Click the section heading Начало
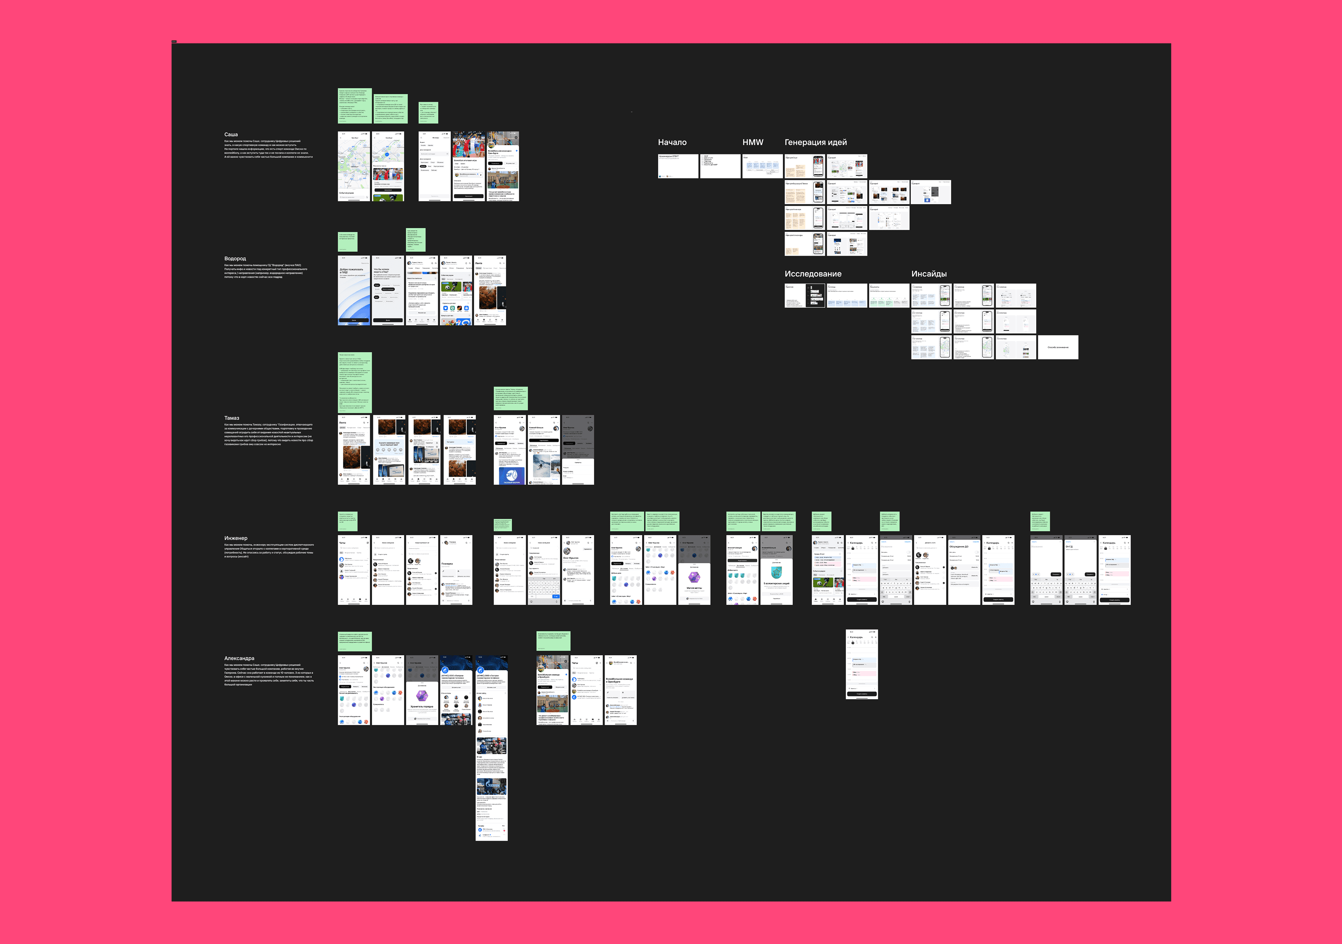672,142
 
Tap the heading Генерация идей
815,142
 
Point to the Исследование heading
813,274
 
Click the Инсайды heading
929,274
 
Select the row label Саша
231,134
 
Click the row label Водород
235,258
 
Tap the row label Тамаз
232,418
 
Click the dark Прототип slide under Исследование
804,295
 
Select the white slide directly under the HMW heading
762,166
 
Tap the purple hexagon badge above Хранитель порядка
421,695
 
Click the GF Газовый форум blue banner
510,475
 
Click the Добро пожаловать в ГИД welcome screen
354,290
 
